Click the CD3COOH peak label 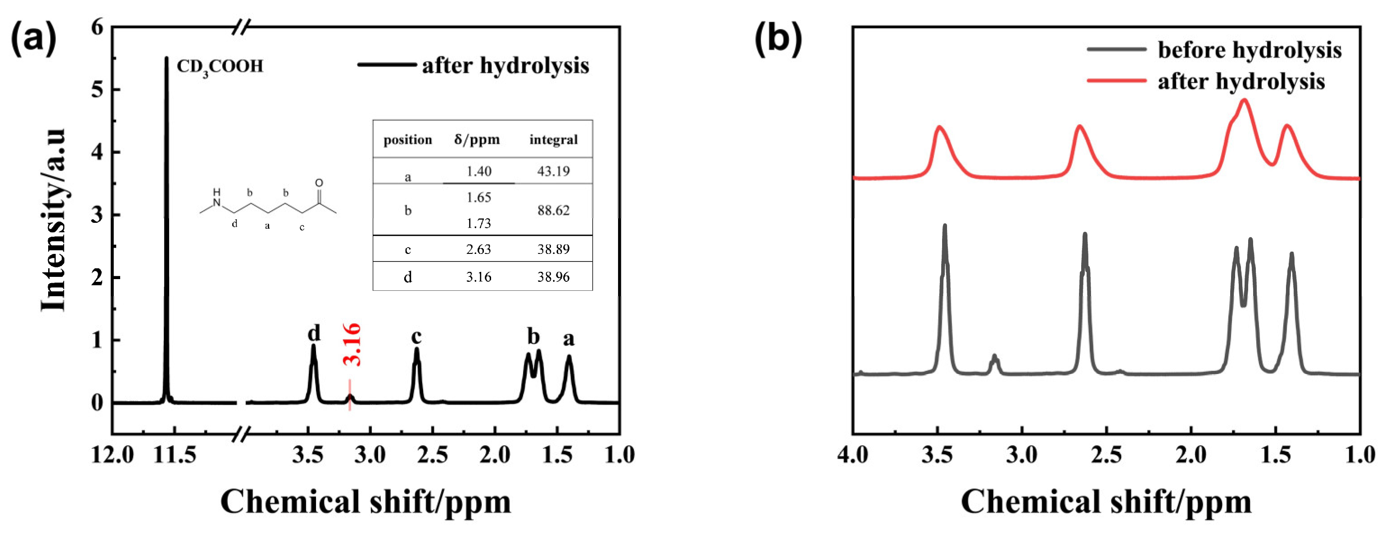[x=220, y=67]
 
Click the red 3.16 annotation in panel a [x=352, y=345]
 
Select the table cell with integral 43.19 [x=553, y=171]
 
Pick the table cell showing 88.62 [x=553, y=210]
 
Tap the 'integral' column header [x=553, y=140]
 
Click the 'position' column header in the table [x=407, y=140]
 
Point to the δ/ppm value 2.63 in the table [x=478, y=249]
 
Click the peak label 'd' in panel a [x=314, y=334]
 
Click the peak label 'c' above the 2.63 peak [x=416, y=337]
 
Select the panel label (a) [x=33, y=39]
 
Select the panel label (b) [x=778, y=39]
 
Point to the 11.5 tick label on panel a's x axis [x=175, y=456]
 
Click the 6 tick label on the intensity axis [x=97, y=27]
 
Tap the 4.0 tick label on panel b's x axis [x=853, y=456]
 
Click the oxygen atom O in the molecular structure [x=319, y=183]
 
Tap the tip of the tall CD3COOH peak [x=166, y=58]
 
